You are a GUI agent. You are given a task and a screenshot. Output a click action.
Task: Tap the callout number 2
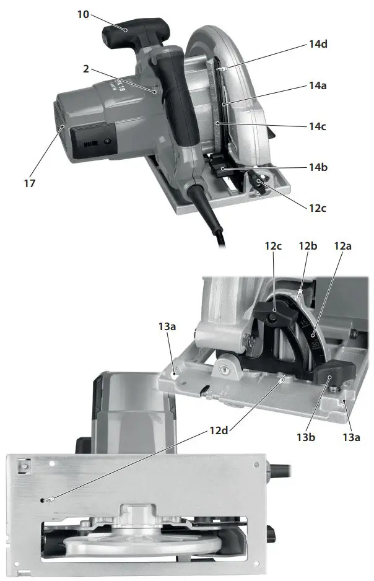86,69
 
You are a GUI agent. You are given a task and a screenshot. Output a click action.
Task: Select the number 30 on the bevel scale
315,340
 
